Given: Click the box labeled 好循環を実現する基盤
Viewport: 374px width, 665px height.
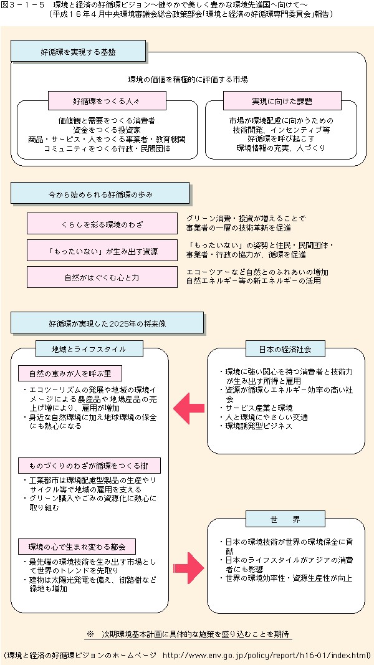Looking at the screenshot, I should click(79, 52).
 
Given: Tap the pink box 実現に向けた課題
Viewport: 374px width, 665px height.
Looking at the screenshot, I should click(282, 100).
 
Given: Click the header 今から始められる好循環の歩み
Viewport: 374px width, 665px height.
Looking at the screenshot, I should click(100, 194).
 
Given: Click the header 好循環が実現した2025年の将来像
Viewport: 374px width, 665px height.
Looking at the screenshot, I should click(107, 323).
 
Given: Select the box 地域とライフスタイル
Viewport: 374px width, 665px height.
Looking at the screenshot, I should click(89, 349).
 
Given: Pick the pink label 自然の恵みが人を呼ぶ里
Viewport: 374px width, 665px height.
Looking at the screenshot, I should click(69, 374).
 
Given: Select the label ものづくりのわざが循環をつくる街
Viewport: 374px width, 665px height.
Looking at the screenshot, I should click(89, 466).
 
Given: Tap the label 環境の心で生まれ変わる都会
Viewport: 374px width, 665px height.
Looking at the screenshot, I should click(77, 547).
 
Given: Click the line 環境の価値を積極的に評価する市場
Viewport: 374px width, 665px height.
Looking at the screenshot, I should click(188, 79).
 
